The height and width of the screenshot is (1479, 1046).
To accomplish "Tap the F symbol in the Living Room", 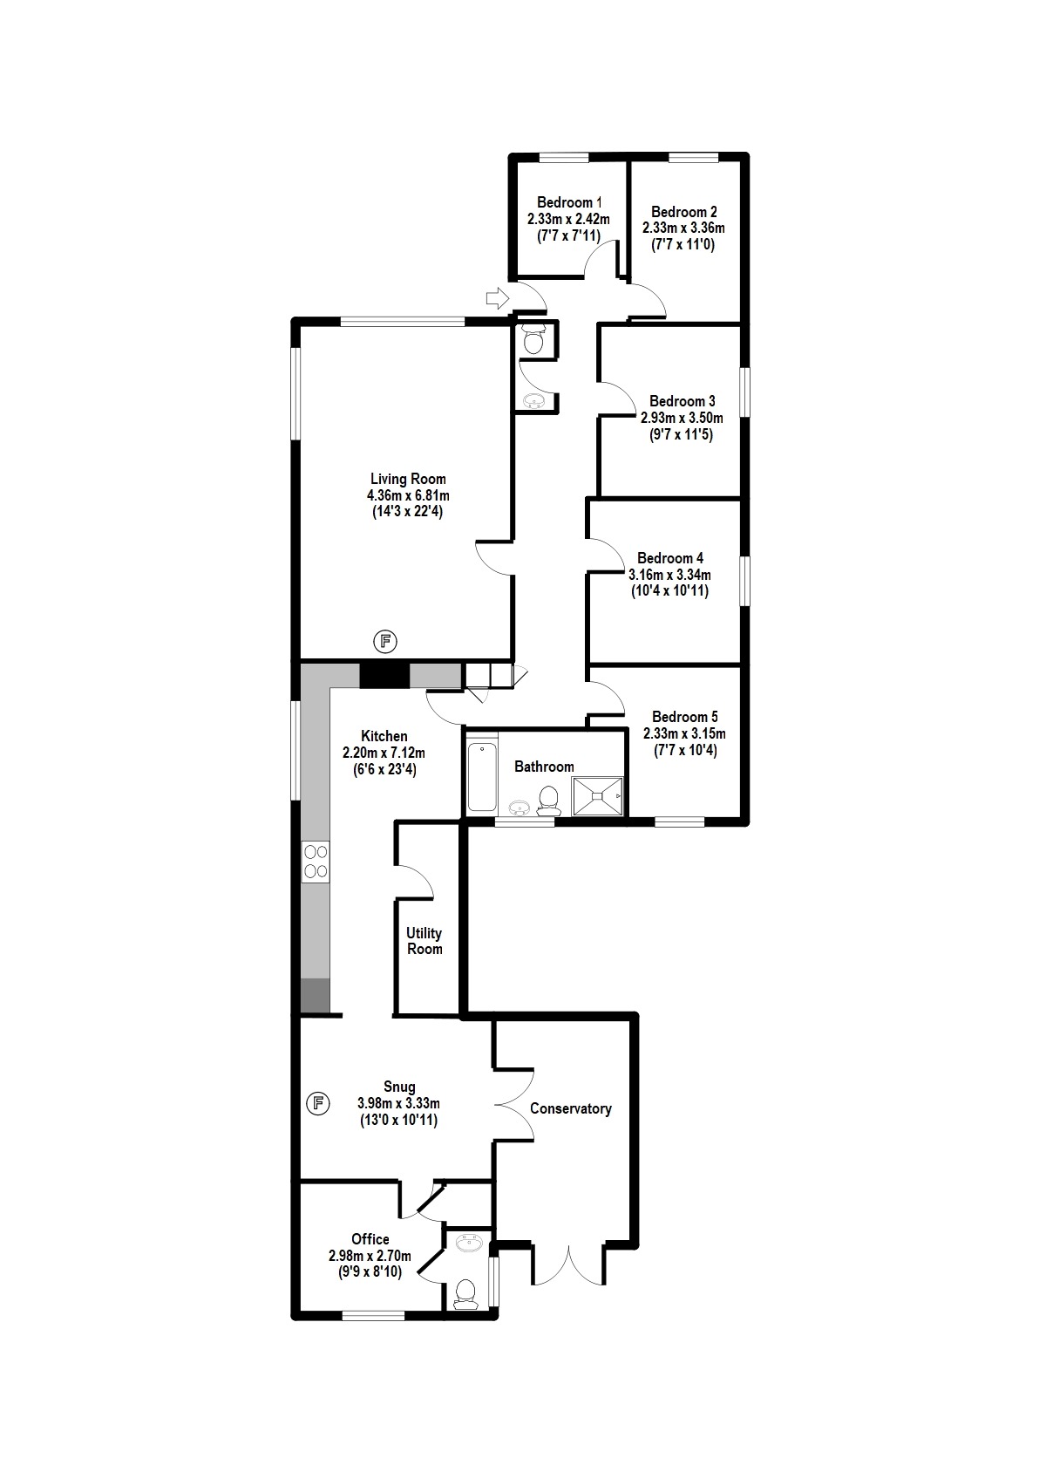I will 385,643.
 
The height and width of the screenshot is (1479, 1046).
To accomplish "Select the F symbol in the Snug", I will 319,1103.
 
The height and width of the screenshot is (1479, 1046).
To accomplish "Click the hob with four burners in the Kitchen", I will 316,861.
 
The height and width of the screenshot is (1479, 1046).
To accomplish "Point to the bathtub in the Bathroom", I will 482,776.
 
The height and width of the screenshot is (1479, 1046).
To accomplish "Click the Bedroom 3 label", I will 682,401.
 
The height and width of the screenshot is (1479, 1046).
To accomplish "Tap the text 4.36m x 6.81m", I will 408,495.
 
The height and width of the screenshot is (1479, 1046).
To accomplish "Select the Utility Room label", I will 425,941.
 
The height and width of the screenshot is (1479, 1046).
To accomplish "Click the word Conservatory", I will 571,1108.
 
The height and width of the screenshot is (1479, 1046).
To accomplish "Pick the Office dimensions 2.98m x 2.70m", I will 370,1256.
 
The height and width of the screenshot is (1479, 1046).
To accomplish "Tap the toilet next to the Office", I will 465,1292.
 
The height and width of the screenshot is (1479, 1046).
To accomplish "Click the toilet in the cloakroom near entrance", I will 534,340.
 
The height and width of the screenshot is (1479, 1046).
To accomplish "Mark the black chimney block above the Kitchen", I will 384,674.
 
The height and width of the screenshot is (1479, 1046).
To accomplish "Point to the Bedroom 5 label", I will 684,717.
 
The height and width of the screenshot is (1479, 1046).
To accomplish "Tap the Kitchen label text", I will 384,736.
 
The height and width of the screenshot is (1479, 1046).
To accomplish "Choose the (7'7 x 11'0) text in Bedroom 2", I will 683,244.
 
